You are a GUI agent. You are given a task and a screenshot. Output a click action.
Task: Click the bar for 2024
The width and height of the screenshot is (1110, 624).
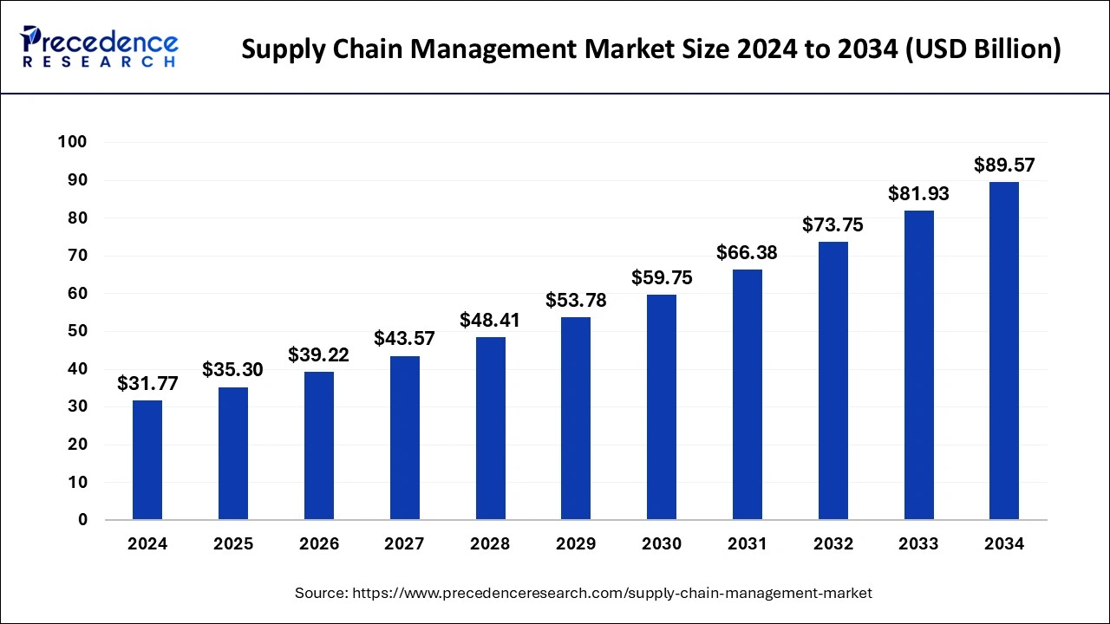click(x=147, y=460)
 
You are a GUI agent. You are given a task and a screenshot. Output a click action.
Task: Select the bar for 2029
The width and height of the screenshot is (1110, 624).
click(x=576, y=419)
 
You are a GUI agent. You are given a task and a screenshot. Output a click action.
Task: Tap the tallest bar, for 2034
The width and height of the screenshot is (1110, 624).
click(x=1004, y=351)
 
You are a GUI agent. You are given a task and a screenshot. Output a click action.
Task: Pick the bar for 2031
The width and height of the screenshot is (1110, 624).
click(x=748, y=394)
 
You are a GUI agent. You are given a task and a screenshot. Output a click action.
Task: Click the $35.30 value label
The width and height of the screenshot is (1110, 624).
click(x=232, y=370)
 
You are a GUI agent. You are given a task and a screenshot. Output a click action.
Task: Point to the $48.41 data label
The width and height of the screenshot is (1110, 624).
click(x=490, y=320)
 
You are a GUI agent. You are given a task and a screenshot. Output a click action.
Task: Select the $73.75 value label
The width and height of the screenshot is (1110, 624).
click(x=832, y=224)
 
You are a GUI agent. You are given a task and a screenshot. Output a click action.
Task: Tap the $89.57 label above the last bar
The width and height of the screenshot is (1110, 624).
click(x=1004, y=165)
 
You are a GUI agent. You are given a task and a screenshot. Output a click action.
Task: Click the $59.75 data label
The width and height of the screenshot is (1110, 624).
click(x=662, y=277)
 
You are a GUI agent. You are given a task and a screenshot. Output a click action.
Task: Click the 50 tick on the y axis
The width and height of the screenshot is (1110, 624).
click(x=79, y=331)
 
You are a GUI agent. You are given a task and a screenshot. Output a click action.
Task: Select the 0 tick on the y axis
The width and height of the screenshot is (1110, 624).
click(x=83, y=520)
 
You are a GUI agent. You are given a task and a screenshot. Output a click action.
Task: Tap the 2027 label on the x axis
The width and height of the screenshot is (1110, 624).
click(x=404, y=544)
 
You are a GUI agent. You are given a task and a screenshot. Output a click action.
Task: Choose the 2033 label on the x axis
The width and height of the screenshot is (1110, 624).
click(x=918, y=544)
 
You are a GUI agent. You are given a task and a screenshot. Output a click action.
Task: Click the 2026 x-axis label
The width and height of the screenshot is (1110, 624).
click(x=318, y=544)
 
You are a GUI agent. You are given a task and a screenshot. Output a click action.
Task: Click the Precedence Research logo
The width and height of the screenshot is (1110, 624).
click(x=100, y=47)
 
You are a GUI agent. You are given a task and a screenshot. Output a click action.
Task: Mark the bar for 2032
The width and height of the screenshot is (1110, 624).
click(x=832, y=380)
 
